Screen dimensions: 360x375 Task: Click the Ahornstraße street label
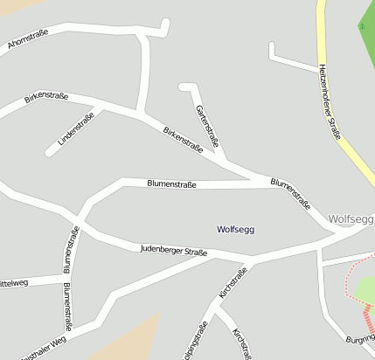[27, 38]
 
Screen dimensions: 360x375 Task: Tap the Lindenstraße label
[75, 129]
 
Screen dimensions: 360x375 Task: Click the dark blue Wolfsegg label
[235, 229]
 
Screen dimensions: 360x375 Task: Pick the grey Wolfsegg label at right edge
[351, 218]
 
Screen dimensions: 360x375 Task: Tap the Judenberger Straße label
[173, 252]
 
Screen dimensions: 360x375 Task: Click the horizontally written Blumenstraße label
[171, 184]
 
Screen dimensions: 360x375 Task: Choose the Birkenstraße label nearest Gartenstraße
[183, 140]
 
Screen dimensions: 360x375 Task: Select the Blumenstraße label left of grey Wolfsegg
[290, 195]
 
